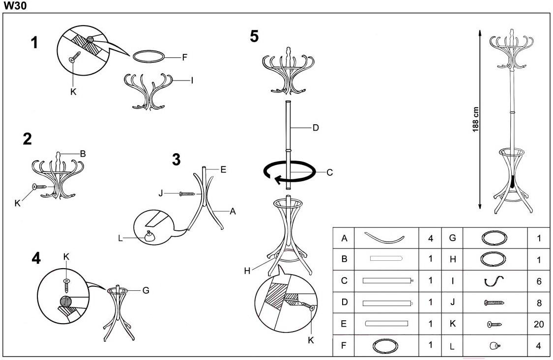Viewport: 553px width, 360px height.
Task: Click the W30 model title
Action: [15, 5]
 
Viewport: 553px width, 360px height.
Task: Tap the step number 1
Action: [34, 43]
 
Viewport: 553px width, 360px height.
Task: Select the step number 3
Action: [176, 160]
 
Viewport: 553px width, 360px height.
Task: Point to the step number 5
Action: [254, 36]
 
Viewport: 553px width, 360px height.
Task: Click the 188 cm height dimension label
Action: [475, 120]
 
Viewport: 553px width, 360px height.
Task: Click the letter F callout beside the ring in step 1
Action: [184, 57]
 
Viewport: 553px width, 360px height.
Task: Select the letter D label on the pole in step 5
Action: [316, 128]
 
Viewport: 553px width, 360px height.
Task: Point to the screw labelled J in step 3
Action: [187, 194]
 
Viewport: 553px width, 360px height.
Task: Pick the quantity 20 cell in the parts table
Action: [539, 324]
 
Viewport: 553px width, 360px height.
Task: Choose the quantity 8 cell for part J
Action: [539, 303]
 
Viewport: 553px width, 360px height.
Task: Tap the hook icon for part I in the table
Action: [494, 281]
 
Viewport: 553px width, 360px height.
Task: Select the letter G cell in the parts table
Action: [453, 238]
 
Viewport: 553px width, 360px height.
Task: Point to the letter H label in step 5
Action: [247, 271]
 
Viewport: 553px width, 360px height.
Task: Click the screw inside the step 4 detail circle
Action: [66, 285]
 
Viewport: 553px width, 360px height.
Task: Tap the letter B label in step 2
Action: [83, 154]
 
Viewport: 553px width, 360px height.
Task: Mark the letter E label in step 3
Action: [223, 169]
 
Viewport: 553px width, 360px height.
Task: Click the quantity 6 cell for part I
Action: [539, 281]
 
